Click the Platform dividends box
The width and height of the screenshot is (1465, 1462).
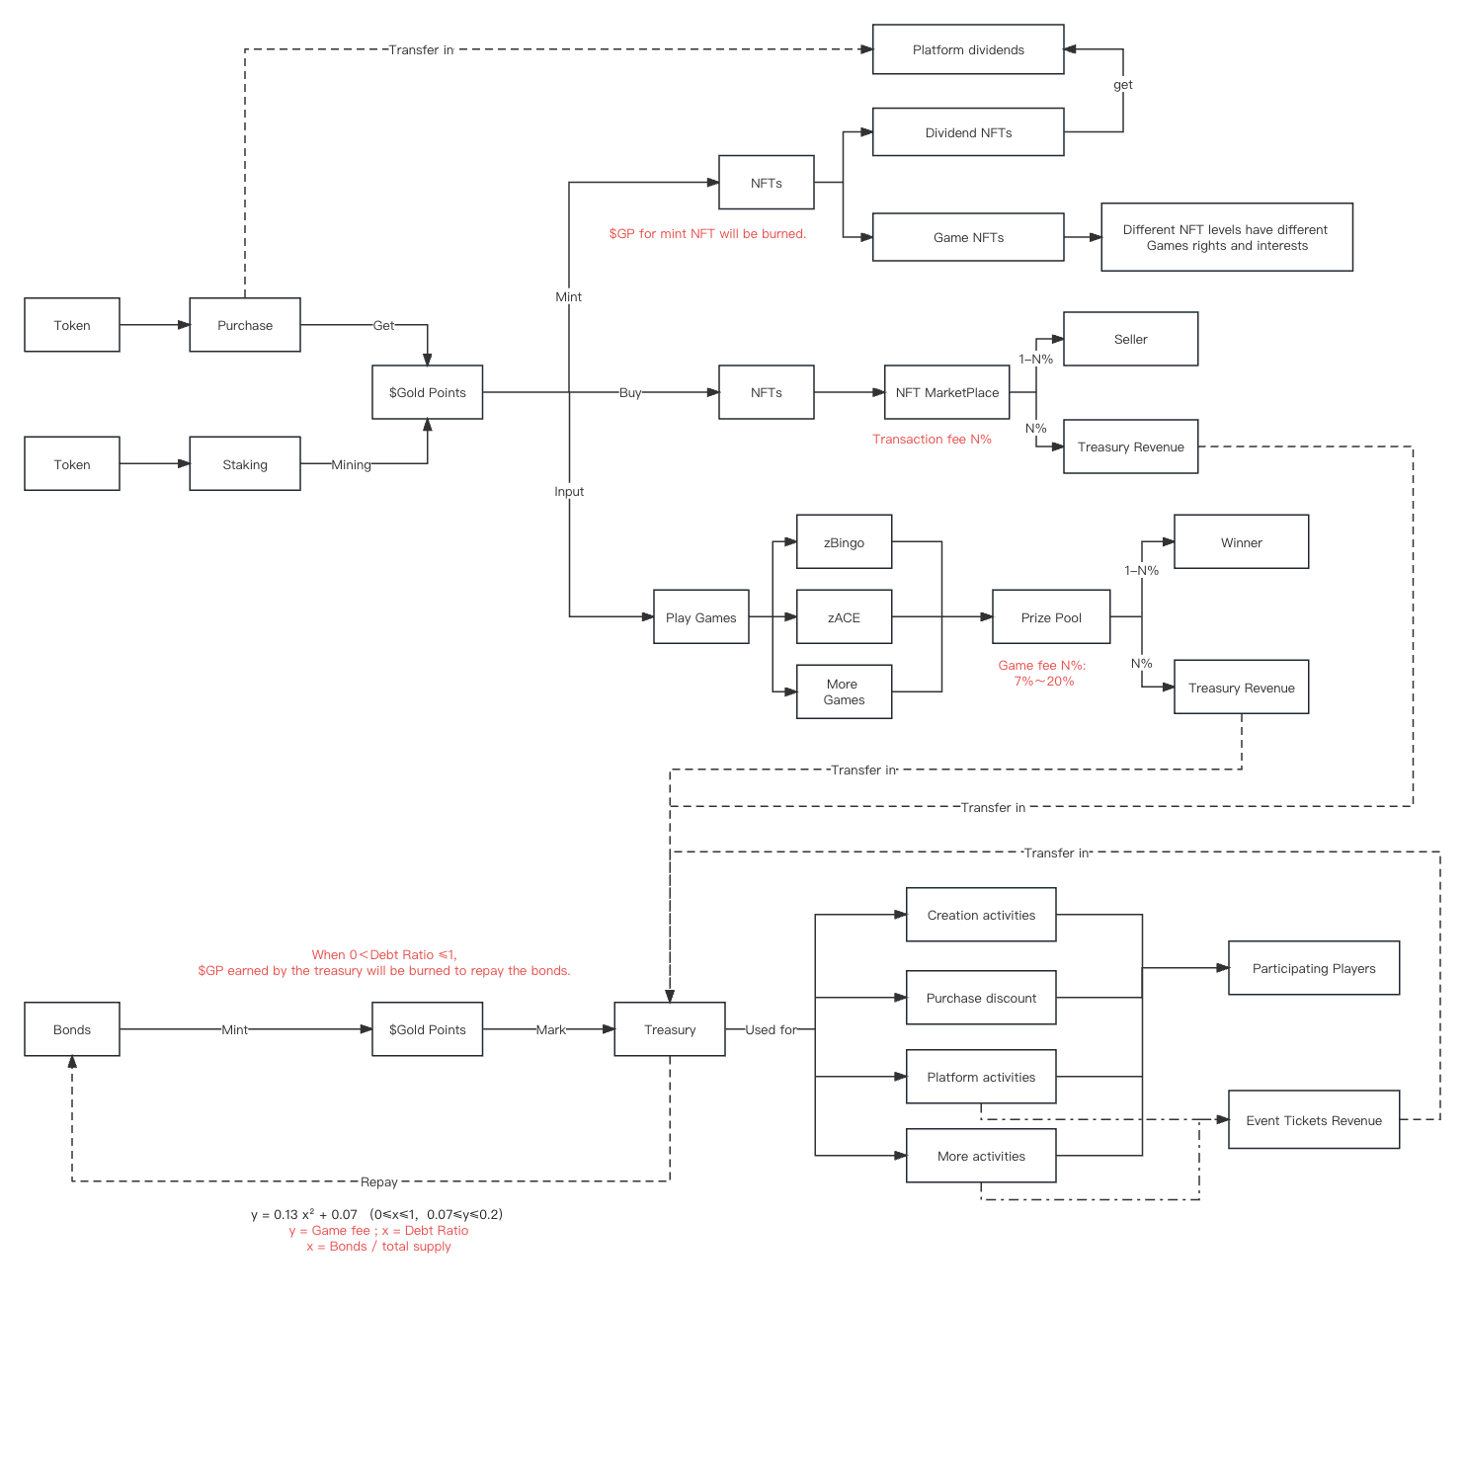pos(968,49)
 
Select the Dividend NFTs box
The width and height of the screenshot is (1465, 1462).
pos(968,132)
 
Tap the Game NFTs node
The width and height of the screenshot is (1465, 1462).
pos(968,237)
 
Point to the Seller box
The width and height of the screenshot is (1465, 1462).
pos(1130,339)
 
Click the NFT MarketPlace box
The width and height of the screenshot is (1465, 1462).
pos(946,392)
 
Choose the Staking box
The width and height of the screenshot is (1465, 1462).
pos(245,464)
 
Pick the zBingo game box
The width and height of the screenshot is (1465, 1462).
pos(844,542)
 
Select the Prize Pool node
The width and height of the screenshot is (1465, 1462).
pos(1051,617)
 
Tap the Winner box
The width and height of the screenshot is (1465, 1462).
pos(1241,542)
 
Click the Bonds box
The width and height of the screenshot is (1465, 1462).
pos(72,1029)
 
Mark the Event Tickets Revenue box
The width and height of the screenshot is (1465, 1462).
pos(1314,1120)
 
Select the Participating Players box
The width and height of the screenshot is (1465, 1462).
pos(1314,968)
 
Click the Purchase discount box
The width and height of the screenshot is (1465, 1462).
pos(981,998)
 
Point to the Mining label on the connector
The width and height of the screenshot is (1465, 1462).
pos(351,464)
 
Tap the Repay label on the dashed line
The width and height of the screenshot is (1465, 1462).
pos(379,1181)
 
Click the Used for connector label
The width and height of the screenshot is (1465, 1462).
pos(771,1029)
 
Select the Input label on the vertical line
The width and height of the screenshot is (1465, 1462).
pos(569,491)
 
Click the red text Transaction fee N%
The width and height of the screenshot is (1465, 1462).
pos(932,439)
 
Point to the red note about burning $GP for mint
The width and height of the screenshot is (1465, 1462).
pos(707,233)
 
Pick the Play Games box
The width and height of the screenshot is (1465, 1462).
pos(700,617)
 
